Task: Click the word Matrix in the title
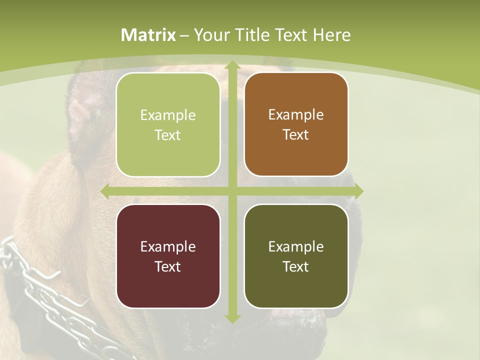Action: pos(148,35)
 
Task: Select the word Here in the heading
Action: pos(331,35)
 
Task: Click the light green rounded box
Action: pos(168,125)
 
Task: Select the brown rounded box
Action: pos(296,125)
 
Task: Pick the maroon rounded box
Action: pos(168,256)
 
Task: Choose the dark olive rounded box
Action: pos(296,256)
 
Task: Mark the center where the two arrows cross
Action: pos(232,191)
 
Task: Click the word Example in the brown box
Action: pos(296,114)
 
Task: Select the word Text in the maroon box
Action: pos(168,266)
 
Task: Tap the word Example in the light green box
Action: pos(168,115)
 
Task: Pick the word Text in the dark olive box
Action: pos(296,266)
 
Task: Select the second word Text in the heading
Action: pos(291,35)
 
